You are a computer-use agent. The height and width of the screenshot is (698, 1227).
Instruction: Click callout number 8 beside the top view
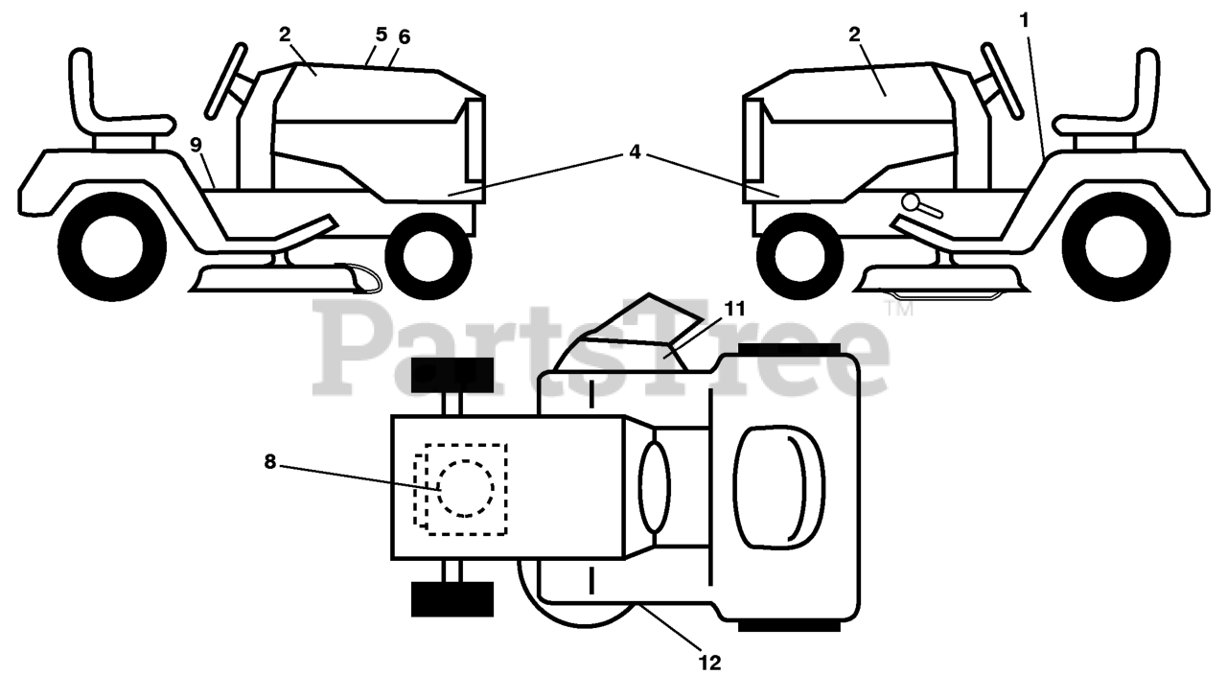(270, 461)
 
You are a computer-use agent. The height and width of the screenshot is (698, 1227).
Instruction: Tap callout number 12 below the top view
(709, 662)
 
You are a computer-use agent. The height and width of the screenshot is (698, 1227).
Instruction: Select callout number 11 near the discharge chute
(734, 309)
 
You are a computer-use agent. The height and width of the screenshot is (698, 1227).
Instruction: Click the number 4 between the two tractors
(635, 151)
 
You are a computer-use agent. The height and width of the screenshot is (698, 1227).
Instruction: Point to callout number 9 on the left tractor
(196, 145)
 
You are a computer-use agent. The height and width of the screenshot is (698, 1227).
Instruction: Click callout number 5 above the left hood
(381, 35)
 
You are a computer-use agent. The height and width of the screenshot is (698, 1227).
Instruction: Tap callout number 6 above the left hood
(404, 36)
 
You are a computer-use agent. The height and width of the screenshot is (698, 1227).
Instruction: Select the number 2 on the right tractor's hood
(854, 35)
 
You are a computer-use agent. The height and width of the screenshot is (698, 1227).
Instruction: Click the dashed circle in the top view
(465, 488)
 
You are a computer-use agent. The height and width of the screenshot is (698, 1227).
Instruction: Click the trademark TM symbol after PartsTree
(898, 310)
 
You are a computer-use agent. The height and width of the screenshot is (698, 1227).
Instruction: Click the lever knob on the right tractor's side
(911, 202)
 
